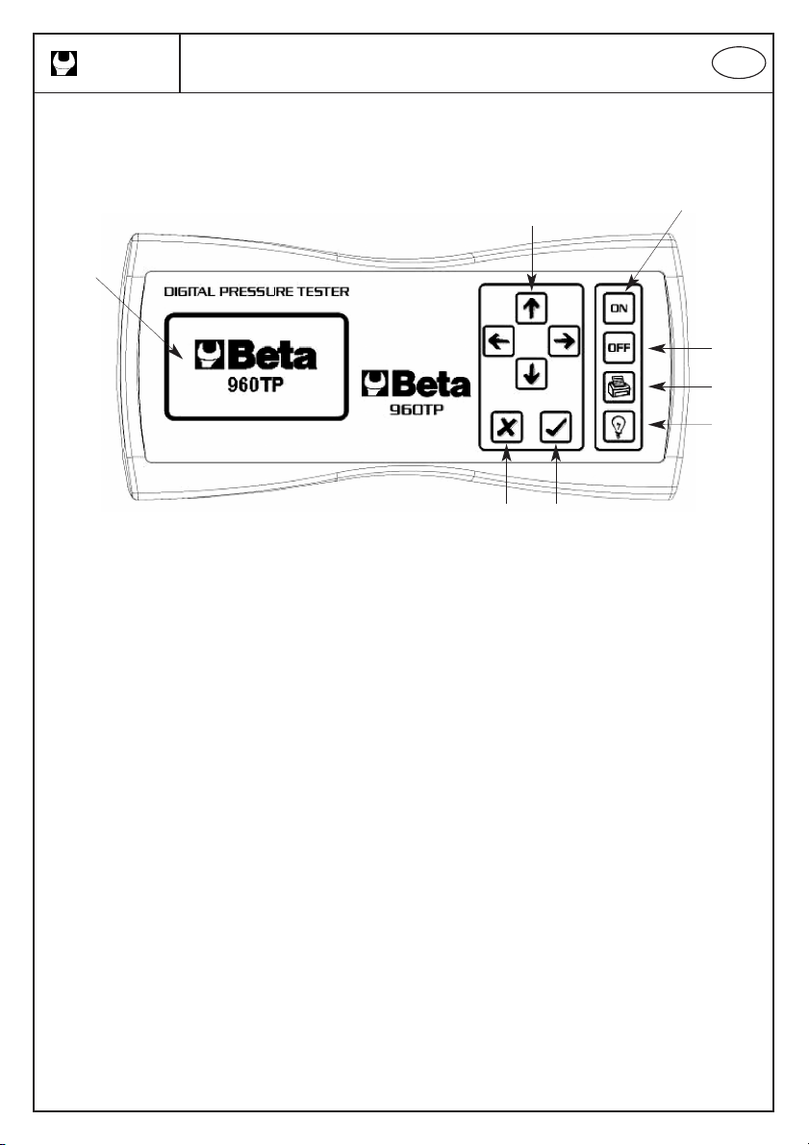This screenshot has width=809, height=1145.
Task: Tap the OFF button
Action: pyautogui.click(x=619, y=348)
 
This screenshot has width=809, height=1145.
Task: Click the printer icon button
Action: pyautogui.click(x=619, y=387)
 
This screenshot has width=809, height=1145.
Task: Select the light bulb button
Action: pyautogui.click(x=619, y=427)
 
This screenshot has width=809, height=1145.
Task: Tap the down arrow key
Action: pyautogui.click(x=531, y=374)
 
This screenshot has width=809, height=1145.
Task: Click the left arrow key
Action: pyautogui.click(x=499, y=341)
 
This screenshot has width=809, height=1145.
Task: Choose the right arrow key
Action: pyautogui.click(x=564, y=341)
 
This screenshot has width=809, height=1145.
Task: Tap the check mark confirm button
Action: pyautogui.click(x=556, y=427)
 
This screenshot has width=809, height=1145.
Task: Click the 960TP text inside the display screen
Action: pyautogui.click(x=255, y=385)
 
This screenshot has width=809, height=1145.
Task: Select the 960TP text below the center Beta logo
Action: pyautogui.click(x=417, y=409)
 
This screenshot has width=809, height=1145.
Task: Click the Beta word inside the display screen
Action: pyautogui.click(x=272, y=356)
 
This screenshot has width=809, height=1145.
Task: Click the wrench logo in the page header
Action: pyautogui.click(x=63, y=63)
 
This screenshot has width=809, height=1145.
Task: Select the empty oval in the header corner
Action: pyautogui.click(x=740, y=64)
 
